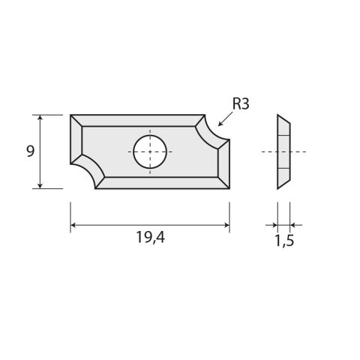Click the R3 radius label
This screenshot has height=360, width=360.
click(x=241, y=105)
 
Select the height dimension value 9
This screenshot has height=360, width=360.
click(x=30, y=151)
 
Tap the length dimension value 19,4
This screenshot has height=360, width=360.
click(x=150, y=241)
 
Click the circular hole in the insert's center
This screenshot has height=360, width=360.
click(x=150, y=151)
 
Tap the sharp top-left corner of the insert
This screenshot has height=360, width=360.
click(x=71, y=115)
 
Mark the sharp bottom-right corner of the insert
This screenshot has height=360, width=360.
click(x=229, y=187)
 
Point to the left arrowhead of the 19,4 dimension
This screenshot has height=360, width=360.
click(x=73, y=224)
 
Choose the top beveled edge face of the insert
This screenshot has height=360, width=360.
click(x=139, y=120)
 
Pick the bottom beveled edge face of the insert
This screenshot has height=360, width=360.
click(x=161, y=182)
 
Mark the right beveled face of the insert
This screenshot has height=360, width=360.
click(x=223, y=162)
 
